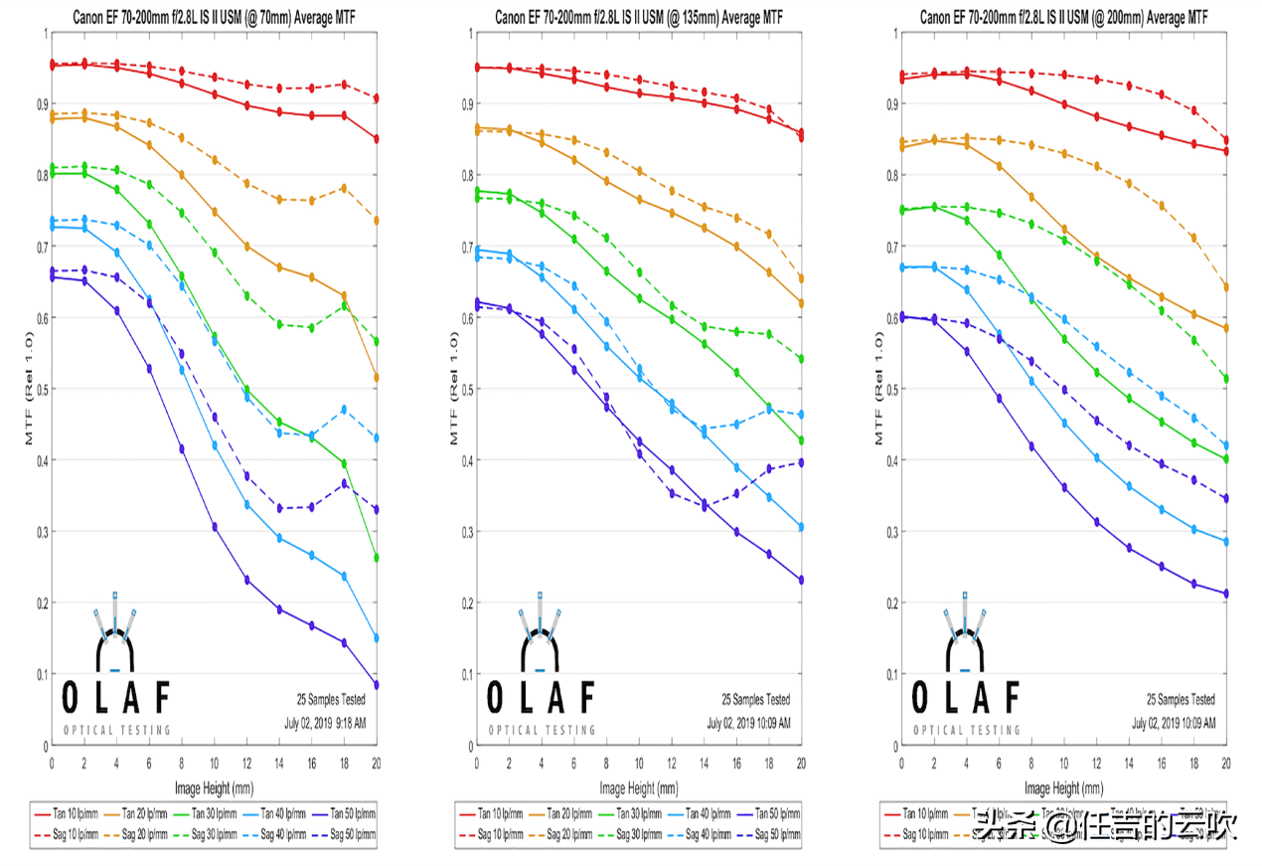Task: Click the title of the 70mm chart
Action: (x=214, y=17)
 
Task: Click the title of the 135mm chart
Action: (x=639, y=17)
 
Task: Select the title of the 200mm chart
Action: (x=1064, y=17)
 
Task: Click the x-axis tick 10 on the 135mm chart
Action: (x=639, y=763)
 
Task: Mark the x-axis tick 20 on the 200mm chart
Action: (x=1226, y=763)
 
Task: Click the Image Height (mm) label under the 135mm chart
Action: (x=639, y=788)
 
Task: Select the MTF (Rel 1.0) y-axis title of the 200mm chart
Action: (x=880, y=389)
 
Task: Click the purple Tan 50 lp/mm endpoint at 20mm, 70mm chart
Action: (x=377, y=684)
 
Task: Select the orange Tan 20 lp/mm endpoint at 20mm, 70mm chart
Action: (x=377, y=378)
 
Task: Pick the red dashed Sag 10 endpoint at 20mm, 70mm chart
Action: (x=377, y=98)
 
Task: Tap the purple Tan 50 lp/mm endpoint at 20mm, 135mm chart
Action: (x=801, y=580)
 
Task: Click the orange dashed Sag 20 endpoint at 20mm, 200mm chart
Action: (x=1226, y=287)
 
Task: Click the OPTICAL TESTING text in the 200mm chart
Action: (x=967, y=730)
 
